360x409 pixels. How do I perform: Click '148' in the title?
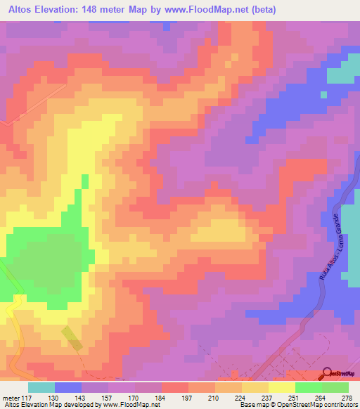pyautogui.click(x=98, y=10)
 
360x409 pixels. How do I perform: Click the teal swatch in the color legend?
pyautogui.click(x=41, y=387)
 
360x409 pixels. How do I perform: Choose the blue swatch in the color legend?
pyautogui.click(x=68, y=387)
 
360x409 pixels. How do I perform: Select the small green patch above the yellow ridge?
pyautogui.click(x=85, y=181)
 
